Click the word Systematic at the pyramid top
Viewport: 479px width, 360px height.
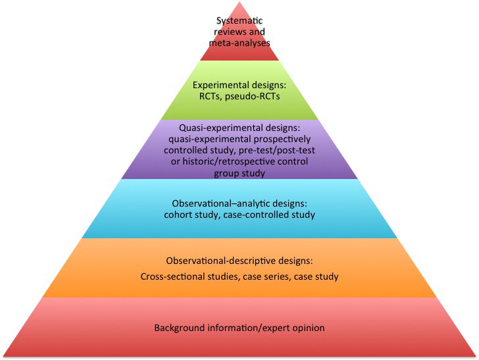[x=239, y=21]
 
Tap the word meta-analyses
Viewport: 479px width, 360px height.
[x=239, y=42]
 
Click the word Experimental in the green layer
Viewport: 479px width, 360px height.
[x=220, y=85]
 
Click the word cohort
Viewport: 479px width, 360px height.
[x=179, y=215]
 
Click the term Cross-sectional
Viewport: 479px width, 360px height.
[x=172, y=276]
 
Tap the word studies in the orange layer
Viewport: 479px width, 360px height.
[x=224, y=276]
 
